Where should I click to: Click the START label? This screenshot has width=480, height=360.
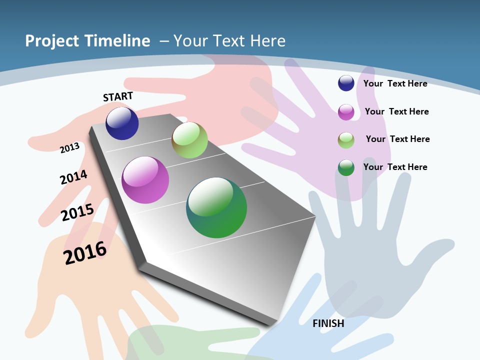[x=118, y=96]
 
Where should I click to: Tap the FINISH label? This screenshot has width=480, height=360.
[x=328, y=323]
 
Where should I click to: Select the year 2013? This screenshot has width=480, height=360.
[x=70, y=147]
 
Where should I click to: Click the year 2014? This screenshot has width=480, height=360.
[x=73, y=177]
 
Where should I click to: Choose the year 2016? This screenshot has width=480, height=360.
[x=85, y=253]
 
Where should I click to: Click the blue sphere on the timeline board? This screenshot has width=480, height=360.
[x=122, y=123]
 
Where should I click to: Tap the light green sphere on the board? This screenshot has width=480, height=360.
[x=189, y=140]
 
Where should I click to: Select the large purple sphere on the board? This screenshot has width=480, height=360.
[x=145, y=180]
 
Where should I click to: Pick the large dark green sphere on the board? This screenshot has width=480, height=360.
[x=216, y=207]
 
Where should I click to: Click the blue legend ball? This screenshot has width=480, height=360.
[x=346, y=83]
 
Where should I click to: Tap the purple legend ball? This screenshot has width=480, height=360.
[x=346, y=112]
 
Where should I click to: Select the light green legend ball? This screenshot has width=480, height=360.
[x=346, y=140]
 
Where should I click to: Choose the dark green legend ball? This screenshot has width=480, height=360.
[x=346, y=167]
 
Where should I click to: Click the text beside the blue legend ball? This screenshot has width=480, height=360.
[x=395, y=83]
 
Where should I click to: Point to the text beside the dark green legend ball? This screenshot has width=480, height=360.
[x=395, y=167]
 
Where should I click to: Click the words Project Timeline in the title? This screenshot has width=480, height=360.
[x=87, y=41]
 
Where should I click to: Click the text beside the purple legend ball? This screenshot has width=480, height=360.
[x=396, y=111]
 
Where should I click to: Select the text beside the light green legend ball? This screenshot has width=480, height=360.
[x=397, y=139]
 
